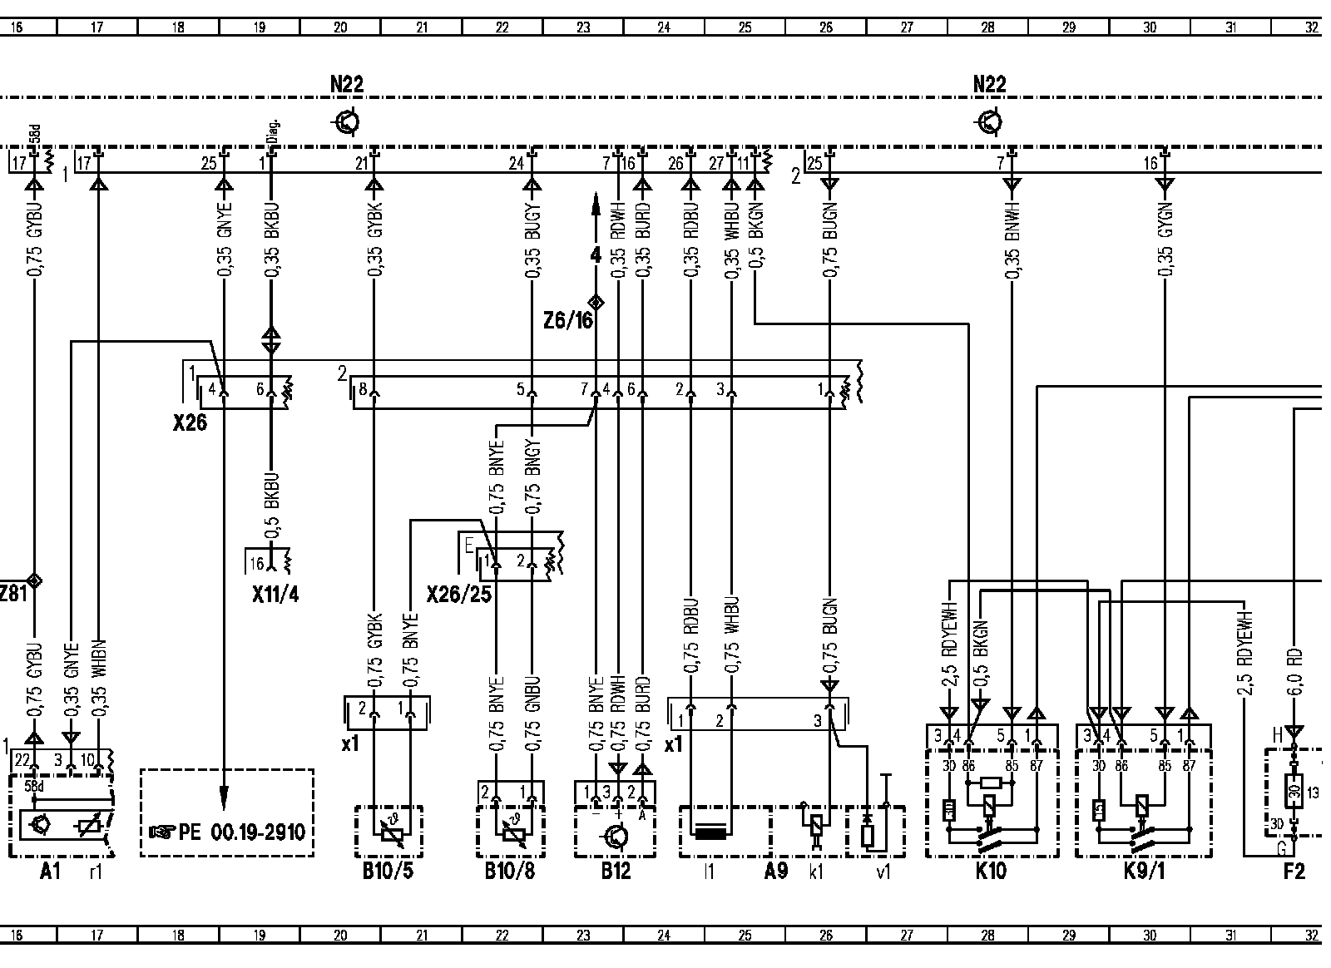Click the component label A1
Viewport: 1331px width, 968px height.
pyautogui.click(x=50, y=872)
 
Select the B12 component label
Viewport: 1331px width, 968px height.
pyautogui.click(x=616, y=872)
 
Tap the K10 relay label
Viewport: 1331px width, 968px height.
pyautogui.click(x=990, y=872)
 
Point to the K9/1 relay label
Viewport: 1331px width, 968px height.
pyautogui.click(x=1141, y=872)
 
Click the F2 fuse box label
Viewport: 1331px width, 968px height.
pyautogui.click(x=1294, y=872)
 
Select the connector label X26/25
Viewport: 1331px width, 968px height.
pyautogui.click(x=458, y=595)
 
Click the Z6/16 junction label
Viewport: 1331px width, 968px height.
pyautogui.click(x=570, y=320)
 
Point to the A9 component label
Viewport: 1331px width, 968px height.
pyautogui.click(x=776, y=872)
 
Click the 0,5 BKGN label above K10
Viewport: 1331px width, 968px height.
pyautogui.click(x=982, y=661)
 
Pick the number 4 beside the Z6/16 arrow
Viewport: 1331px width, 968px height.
pyautogui.click(x=596, y=255)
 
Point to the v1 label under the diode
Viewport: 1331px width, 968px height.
pyautogui.click(x=883, y=872)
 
